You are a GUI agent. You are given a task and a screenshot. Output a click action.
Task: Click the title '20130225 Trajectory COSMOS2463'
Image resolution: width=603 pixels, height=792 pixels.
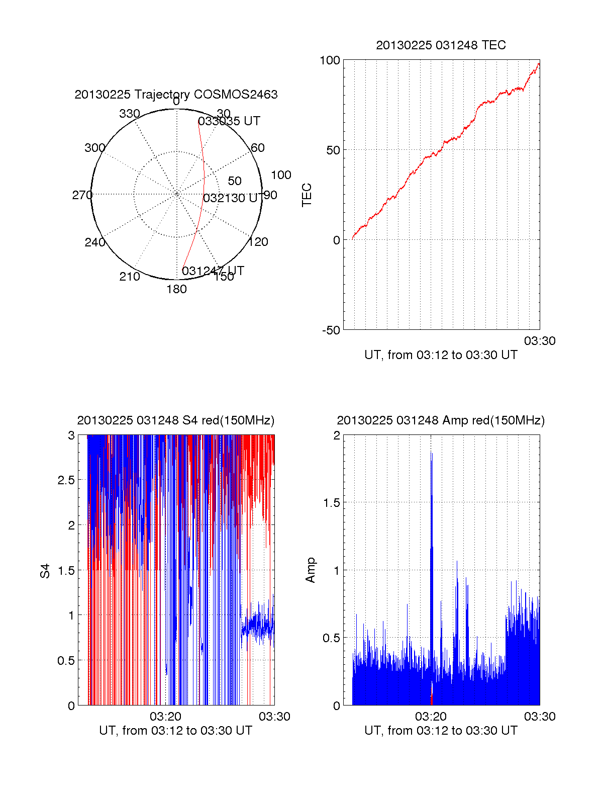pos(176,95)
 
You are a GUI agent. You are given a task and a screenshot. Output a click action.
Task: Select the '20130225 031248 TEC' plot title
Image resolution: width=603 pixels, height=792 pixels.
pos(441,45)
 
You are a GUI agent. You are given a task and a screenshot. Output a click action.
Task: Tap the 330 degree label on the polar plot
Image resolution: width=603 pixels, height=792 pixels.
pos(129,114)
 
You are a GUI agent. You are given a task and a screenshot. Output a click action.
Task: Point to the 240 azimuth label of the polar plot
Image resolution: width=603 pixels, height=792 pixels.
pos(95,242)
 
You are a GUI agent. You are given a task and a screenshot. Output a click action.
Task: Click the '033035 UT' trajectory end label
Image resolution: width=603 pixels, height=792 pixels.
pos(229,121)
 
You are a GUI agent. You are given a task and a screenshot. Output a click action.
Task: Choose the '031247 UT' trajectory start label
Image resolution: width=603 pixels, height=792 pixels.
pos(213,271)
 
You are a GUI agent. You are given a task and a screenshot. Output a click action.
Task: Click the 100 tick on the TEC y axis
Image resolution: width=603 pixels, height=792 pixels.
pos(330,60)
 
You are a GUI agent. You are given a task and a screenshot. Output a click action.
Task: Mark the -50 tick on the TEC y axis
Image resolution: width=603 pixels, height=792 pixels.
pos(331,330)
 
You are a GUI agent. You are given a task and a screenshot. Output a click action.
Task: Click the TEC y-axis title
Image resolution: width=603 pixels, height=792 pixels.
pos(307,195)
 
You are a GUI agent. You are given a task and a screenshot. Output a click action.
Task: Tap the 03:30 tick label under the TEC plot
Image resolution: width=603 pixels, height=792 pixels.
pos(540,341)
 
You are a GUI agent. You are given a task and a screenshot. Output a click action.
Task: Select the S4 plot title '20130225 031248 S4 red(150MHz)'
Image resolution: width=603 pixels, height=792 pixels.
pos(176,420)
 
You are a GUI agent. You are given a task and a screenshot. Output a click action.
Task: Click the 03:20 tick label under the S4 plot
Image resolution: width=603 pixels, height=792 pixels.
pos(165,717)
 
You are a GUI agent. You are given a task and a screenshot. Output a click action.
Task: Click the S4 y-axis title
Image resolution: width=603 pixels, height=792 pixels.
pos(46,571)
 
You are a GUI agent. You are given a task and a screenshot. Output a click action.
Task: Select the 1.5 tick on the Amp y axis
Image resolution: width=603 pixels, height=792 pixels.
pos(330,502)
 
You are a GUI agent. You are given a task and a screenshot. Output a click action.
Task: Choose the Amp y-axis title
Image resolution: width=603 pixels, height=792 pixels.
pos(311,570)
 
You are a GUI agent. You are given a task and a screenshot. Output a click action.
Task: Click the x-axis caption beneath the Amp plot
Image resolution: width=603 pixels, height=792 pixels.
pos(441,731)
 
